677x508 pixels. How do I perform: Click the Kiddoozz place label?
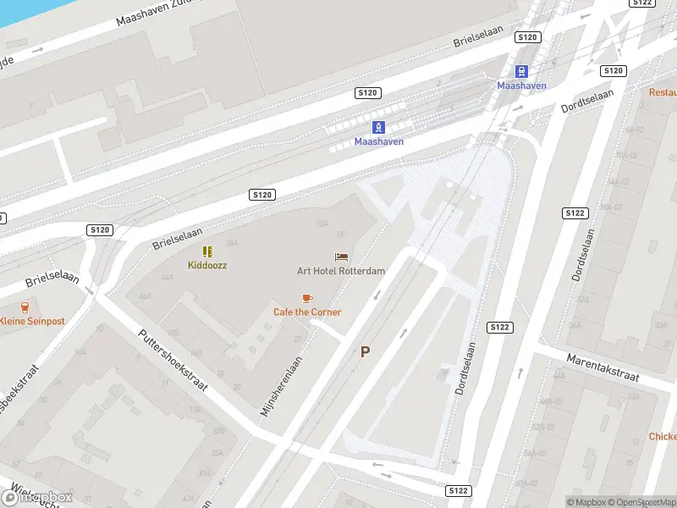(x=207, y=265)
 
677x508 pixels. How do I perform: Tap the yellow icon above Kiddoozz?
(x=207, y=251)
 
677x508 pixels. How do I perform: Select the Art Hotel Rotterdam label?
(x=341, y=271)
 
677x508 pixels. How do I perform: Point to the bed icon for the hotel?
(x=341, y=257)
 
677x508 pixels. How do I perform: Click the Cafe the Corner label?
(x=307, y=312)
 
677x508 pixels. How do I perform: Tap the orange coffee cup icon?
(x=307, y=298)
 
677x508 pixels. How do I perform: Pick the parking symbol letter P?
(x=366, y=352)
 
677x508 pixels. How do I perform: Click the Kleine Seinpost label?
(x=32, y=321)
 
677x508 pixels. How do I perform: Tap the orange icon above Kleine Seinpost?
(x=25, y=307)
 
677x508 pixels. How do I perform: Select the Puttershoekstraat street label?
(x=173, y=360)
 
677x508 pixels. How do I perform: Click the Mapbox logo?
(x=38, y=497)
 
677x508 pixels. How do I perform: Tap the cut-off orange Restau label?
(x=663, y=91)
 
